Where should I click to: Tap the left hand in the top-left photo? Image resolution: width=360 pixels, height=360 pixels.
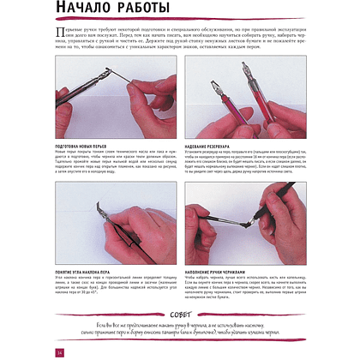(77, 99)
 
